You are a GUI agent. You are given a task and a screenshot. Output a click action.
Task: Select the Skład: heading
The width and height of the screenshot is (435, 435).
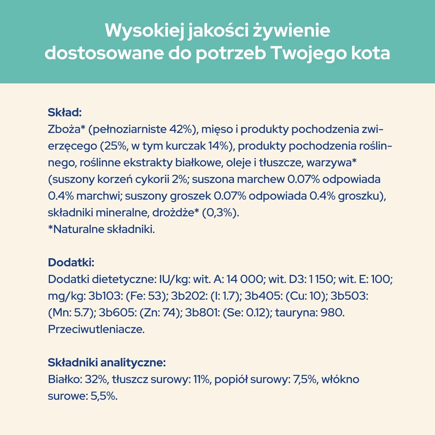[64, 113]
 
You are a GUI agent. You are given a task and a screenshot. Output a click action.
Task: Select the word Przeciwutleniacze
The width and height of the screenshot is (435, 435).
[96, 329]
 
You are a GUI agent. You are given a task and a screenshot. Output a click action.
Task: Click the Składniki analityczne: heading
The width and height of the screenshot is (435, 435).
[107, 362]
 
